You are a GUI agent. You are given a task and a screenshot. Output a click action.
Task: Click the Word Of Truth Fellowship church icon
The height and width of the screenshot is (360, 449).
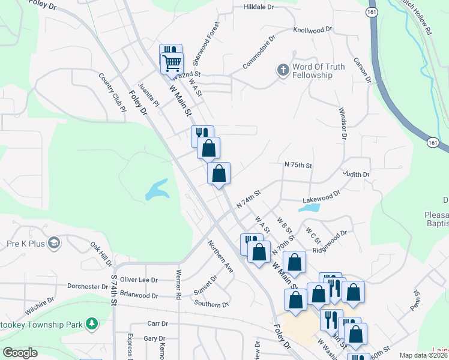point(283,70)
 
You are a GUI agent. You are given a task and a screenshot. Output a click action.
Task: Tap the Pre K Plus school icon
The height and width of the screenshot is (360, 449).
point(53,242)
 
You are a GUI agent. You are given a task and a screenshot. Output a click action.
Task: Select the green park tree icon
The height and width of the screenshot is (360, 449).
point(91,324)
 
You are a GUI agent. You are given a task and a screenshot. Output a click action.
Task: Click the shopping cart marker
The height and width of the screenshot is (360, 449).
point(172,62)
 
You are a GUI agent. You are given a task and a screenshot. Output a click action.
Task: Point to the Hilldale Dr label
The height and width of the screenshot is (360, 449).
point(258,7)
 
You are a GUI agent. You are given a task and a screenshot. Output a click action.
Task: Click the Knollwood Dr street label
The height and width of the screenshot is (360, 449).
point(312,29)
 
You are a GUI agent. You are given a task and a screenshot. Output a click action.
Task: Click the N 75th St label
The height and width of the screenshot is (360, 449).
point(299,164)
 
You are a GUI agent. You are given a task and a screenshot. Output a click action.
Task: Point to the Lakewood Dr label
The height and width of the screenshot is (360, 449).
point(322,194)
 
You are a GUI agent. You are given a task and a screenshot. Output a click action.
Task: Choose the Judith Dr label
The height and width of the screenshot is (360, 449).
point(356,174)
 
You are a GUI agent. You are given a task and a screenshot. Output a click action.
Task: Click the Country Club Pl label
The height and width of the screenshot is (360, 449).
point(112,93)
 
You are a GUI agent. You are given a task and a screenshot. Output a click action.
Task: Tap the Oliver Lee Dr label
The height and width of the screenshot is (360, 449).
point(139,280)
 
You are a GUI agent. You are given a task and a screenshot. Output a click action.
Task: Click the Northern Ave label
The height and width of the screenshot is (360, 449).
point(220,257)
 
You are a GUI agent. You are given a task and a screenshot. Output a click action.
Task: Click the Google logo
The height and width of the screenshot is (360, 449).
point(20,353)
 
